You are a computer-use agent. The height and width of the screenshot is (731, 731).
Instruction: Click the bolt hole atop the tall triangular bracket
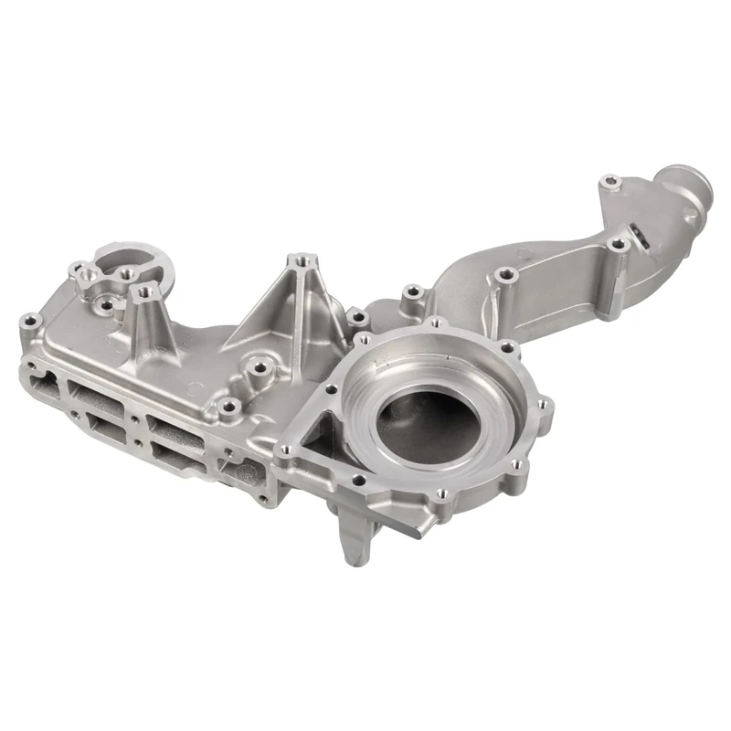coord(296,262)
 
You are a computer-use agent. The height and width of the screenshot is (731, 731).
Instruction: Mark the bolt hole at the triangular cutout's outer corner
coord(285,449)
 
